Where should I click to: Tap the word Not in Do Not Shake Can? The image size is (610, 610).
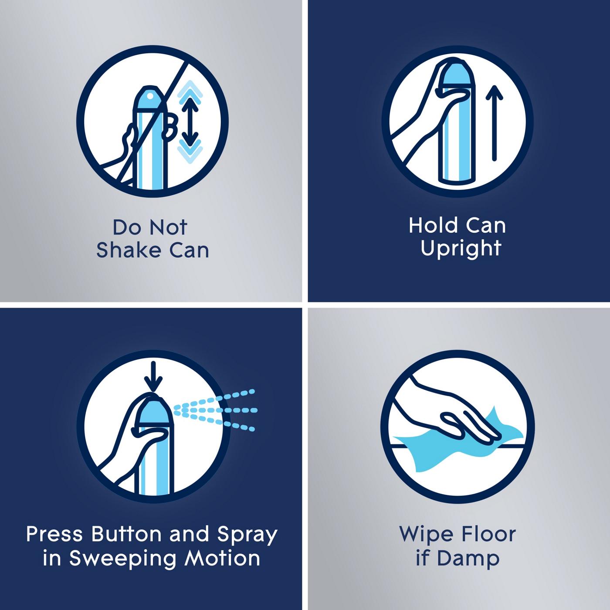[168, 227]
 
